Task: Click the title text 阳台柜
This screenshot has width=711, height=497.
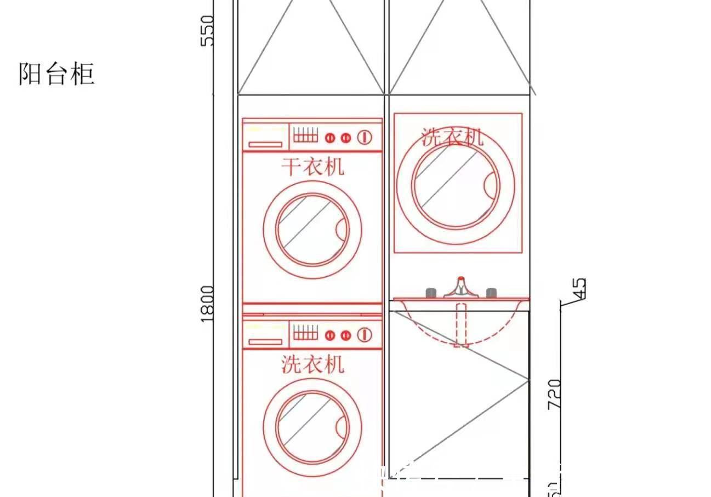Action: pos(56,74)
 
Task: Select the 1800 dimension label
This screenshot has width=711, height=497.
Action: pos(207,303)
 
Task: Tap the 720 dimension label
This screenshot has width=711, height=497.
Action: pos(554,393)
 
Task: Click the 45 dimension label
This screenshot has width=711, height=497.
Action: pos(579,290)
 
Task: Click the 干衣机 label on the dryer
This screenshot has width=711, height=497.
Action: pos(312,166)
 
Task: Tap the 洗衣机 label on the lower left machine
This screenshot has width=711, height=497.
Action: pos(312,363)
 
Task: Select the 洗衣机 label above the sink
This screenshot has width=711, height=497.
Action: pos(452,136)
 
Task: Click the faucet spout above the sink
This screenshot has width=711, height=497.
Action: pos(460,288)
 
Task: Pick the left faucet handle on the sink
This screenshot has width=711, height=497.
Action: pos(431,293)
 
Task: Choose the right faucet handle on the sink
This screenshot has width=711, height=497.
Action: pos(491,293)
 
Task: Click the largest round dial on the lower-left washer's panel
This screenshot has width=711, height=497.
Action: pos(365,334)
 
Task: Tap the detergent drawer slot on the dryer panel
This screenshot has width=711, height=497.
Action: pos(265,145)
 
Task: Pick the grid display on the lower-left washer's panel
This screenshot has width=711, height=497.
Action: pos(305,332)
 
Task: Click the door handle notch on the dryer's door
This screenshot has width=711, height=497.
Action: pos(343,228)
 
